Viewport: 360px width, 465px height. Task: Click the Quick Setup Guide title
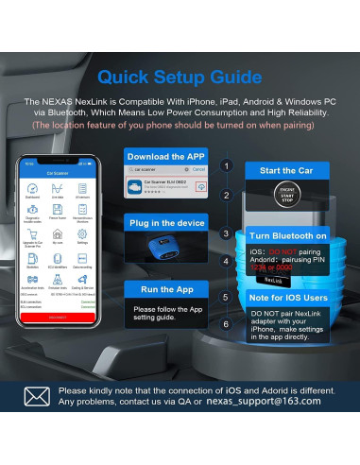pos(180,75)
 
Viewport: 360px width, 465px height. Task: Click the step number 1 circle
pos(225,165)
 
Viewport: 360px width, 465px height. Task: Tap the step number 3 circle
pos(225,232)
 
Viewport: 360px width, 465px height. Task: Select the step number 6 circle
pos(225,324)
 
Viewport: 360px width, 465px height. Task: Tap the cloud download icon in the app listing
pos(200,188)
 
